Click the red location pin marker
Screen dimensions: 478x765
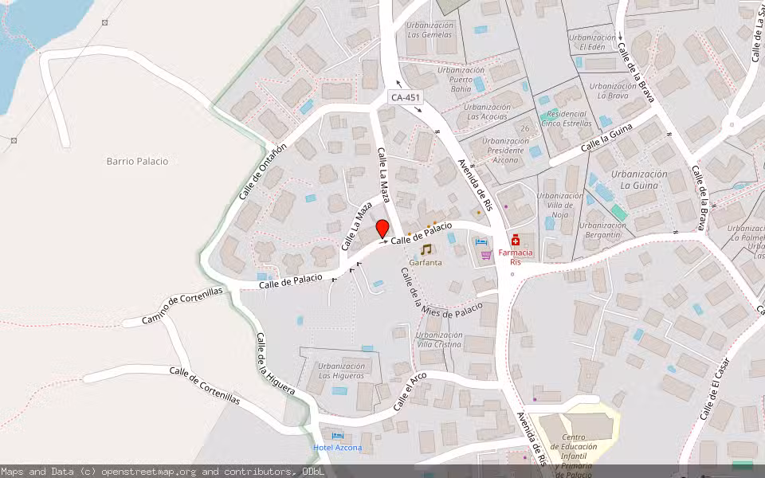tap(382, 229)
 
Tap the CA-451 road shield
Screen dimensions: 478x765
tap(406, 97)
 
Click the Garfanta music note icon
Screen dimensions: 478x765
tap(426, 249)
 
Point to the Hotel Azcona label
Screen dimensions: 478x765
tap(337, 447)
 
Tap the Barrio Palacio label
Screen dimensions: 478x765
tap(137, 161)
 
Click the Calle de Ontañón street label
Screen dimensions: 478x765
tap(261, 171)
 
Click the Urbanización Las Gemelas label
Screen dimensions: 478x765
tap(430, 30)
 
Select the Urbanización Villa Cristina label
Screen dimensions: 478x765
tap(438, 339)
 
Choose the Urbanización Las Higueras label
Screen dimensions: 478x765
tap(343, 370)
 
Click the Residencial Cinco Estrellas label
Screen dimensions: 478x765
tap(567, 118)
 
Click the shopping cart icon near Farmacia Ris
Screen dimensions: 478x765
tap(486, 256)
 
